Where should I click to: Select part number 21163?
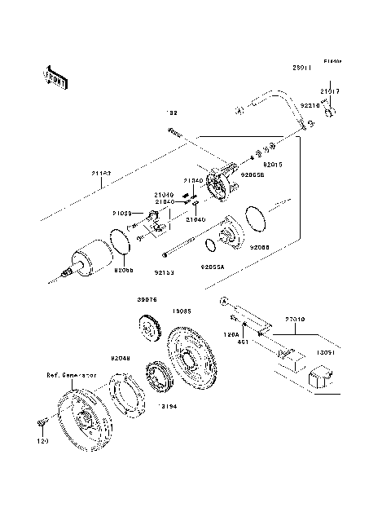(x=101, y=174)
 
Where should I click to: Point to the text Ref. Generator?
(x=72, y=376)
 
